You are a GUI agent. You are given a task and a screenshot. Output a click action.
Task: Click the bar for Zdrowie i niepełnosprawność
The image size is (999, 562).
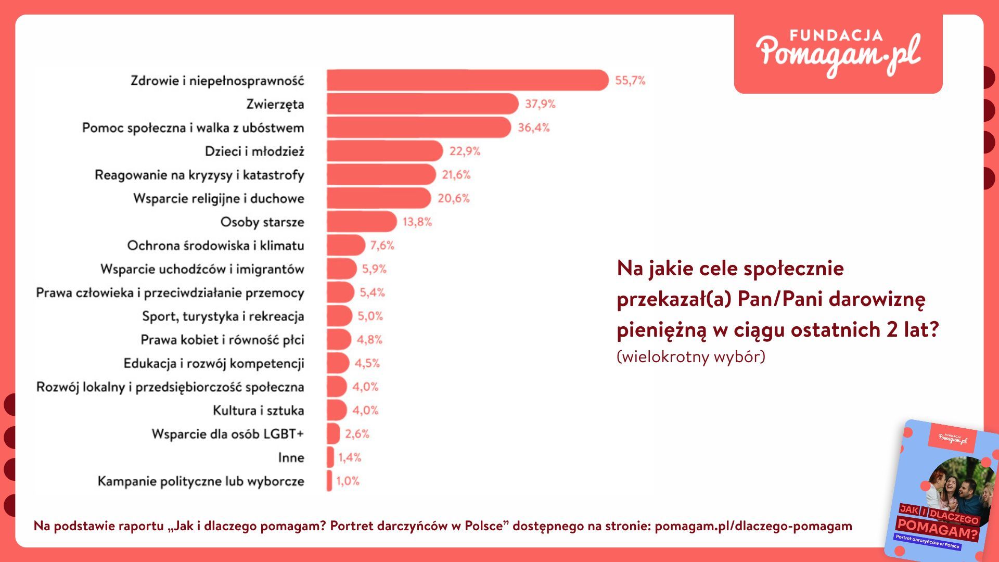467,80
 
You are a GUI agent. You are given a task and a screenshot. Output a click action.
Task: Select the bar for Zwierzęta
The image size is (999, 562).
422,104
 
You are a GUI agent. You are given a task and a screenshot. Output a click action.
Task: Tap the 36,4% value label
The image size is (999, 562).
533,127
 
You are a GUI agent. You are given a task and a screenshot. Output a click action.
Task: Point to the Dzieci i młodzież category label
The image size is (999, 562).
254,151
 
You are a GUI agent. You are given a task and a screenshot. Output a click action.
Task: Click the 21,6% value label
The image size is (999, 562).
456,175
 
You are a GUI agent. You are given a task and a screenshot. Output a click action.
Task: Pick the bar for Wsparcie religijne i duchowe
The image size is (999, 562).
379,198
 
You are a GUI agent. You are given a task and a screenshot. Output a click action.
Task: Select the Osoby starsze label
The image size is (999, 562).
262,222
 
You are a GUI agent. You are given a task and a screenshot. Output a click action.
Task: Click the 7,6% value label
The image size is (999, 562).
382,245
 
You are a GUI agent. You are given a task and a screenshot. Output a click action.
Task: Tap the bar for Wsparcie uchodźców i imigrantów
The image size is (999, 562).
342,269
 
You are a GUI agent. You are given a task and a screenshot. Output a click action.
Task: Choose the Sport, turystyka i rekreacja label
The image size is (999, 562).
223,316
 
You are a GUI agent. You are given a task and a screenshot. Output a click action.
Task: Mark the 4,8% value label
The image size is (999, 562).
369,340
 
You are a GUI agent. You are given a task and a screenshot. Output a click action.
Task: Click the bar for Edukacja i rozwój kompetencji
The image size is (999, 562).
338,363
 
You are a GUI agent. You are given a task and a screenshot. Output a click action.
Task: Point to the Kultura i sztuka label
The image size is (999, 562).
258,411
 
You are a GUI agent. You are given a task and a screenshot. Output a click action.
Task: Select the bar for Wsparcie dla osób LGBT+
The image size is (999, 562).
334,434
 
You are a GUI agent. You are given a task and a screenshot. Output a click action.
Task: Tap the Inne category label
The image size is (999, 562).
291,458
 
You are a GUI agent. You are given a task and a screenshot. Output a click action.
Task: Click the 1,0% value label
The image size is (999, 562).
348,481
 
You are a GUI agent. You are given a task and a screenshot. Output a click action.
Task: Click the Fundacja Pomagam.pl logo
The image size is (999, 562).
838,54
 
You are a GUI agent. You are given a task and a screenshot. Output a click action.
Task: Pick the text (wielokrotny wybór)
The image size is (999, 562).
690,357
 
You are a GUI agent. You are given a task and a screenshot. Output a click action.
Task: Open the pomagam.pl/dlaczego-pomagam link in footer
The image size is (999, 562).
753,526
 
